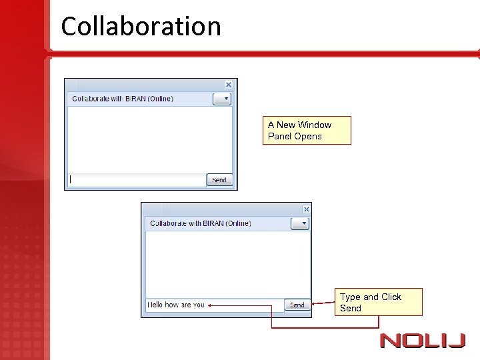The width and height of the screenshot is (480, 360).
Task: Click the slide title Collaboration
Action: pos(141,27)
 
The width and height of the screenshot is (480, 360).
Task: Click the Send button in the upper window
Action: pos(219,179)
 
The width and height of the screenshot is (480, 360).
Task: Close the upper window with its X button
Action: pos(229,85)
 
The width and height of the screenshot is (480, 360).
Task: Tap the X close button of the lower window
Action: pos(307,209)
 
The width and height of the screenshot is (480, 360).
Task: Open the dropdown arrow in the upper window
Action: pos(222,99)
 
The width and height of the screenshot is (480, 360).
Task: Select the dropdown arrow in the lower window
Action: pos(301,223)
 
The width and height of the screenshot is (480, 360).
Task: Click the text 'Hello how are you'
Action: pos(176,305)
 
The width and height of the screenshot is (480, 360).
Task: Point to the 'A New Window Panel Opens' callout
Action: pos(308,130)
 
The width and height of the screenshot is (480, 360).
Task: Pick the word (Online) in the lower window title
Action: pos(238,223)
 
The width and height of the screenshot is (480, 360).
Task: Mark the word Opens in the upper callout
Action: pos(308,136)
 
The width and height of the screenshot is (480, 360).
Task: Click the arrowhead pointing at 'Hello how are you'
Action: pos(210,305)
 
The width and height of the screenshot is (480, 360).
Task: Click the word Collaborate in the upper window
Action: pos(90,99)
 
